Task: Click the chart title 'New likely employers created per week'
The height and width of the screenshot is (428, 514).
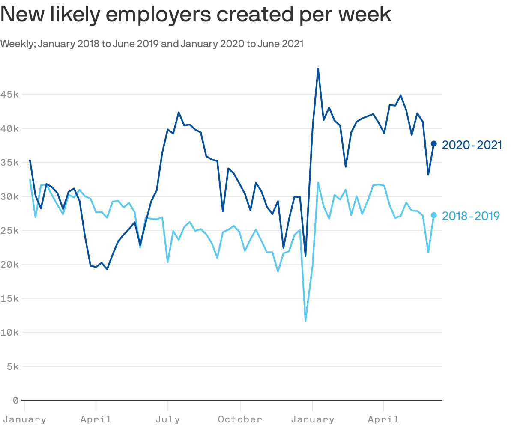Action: tap(196, 15)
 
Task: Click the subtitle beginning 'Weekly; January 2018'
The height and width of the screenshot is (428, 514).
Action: tap(152, 44)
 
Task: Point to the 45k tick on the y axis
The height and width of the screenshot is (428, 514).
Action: tap(9, 94)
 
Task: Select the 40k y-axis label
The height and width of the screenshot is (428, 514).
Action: tap(9, 128)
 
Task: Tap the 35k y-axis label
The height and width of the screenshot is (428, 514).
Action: tap(9, 162)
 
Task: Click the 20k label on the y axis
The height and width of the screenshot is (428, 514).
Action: tap(9, 264)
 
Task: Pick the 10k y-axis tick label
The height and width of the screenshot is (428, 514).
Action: tap(9, 332)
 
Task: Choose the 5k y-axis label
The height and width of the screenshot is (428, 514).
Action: tap(12, 366)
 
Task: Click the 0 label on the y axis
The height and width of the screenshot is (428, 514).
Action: tap(15, 400)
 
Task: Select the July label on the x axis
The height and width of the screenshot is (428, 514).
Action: tap(168, 419)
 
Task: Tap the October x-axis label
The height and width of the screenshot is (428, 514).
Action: tap(240, 419)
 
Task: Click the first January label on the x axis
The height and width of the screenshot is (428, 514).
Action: tap(24, 419)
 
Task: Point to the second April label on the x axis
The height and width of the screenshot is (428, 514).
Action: tap(383, 419)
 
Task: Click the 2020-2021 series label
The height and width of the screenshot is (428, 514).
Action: tap(472, 145)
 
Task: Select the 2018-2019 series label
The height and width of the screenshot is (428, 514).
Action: tap(471, 216)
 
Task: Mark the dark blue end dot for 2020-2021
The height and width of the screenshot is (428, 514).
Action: tap(433, 144)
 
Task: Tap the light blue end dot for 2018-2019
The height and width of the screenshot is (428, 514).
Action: tap(433, 215)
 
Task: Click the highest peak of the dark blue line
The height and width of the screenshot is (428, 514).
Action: tap(318, 68)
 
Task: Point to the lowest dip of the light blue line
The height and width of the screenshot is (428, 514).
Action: tap(305, 321)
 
